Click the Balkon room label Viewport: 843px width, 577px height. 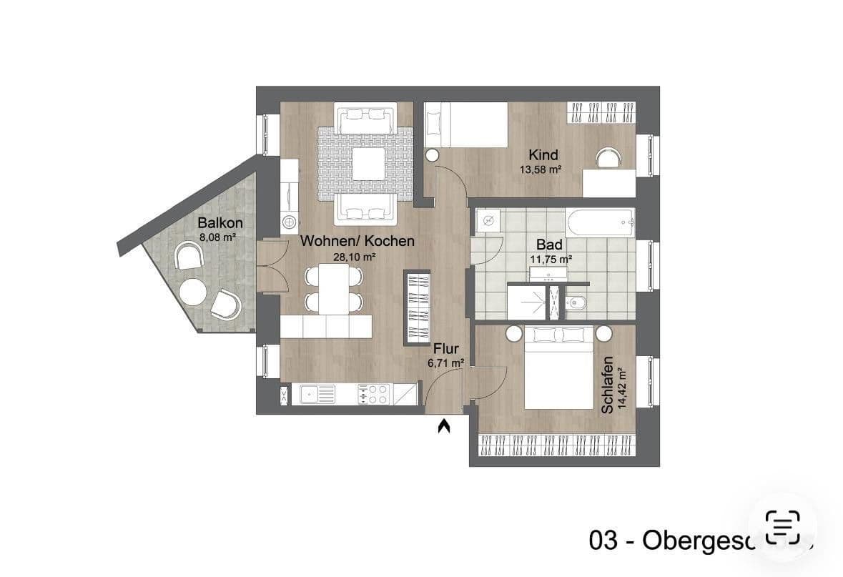220,223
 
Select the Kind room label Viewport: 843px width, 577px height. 543,155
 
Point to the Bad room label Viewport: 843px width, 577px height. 550,244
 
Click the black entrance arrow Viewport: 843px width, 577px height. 444,427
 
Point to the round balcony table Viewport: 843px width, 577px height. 193,291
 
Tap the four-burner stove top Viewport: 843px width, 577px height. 373,393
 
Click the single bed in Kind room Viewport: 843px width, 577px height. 465,124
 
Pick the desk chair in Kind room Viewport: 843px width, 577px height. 608,157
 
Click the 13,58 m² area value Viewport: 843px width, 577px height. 540,170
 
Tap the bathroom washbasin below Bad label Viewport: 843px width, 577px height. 548,273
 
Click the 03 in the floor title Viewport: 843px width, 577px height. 602,541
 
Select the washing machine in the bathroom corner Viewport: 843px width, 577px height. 488,220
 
